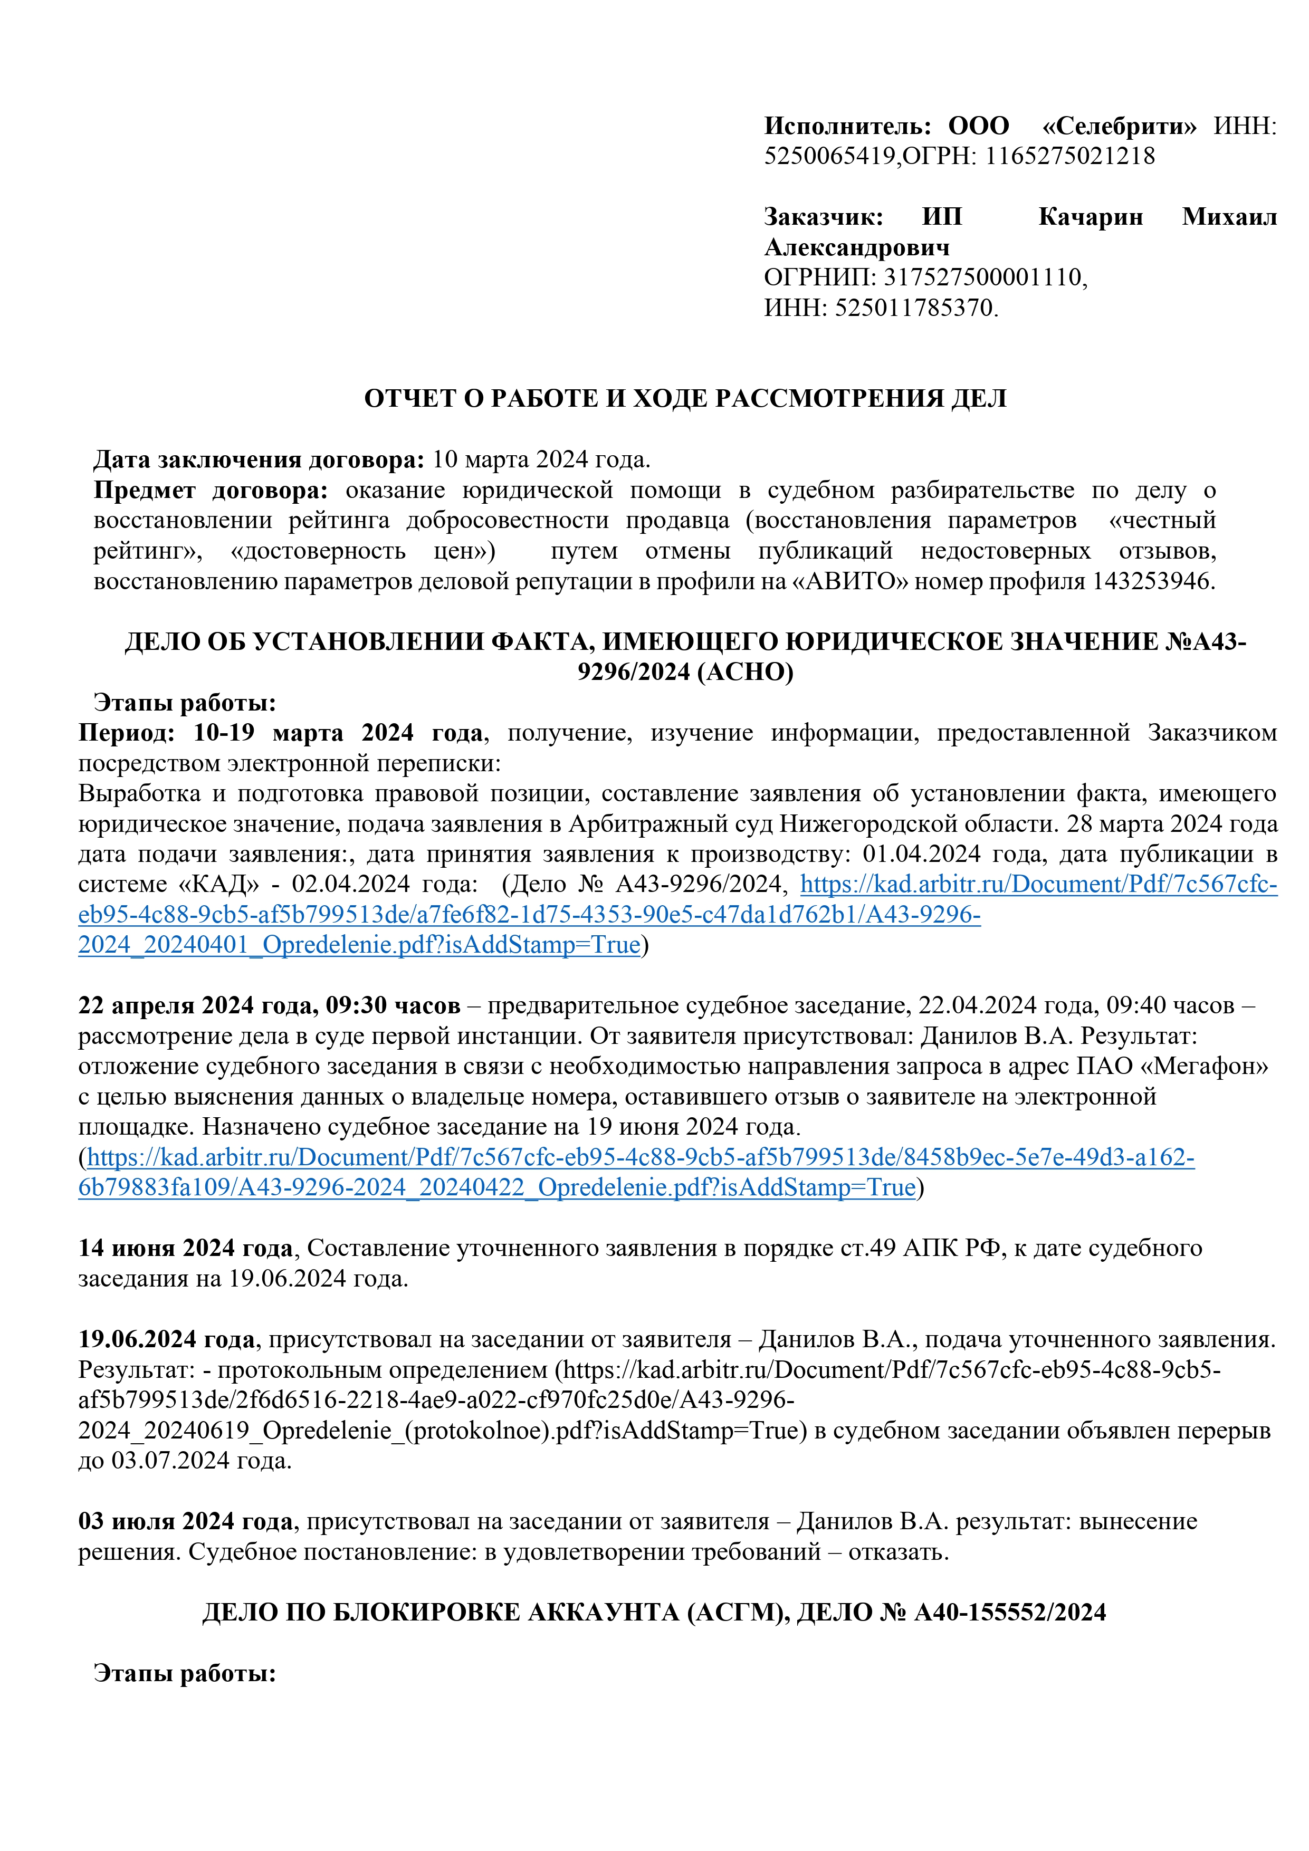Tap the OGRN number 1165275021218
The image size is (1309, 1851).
pyautogui.click(x=1069, y=156)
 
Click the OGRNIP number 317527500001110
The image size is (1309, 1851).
pyautogui.click(x=982, y=277)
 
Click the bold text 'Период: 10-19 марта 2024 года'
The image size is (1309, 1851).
pyautogui.click(x=281, y=733)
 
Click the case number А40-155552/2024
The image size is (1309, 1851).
pyautogui.click(x=1009, y=1613)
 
